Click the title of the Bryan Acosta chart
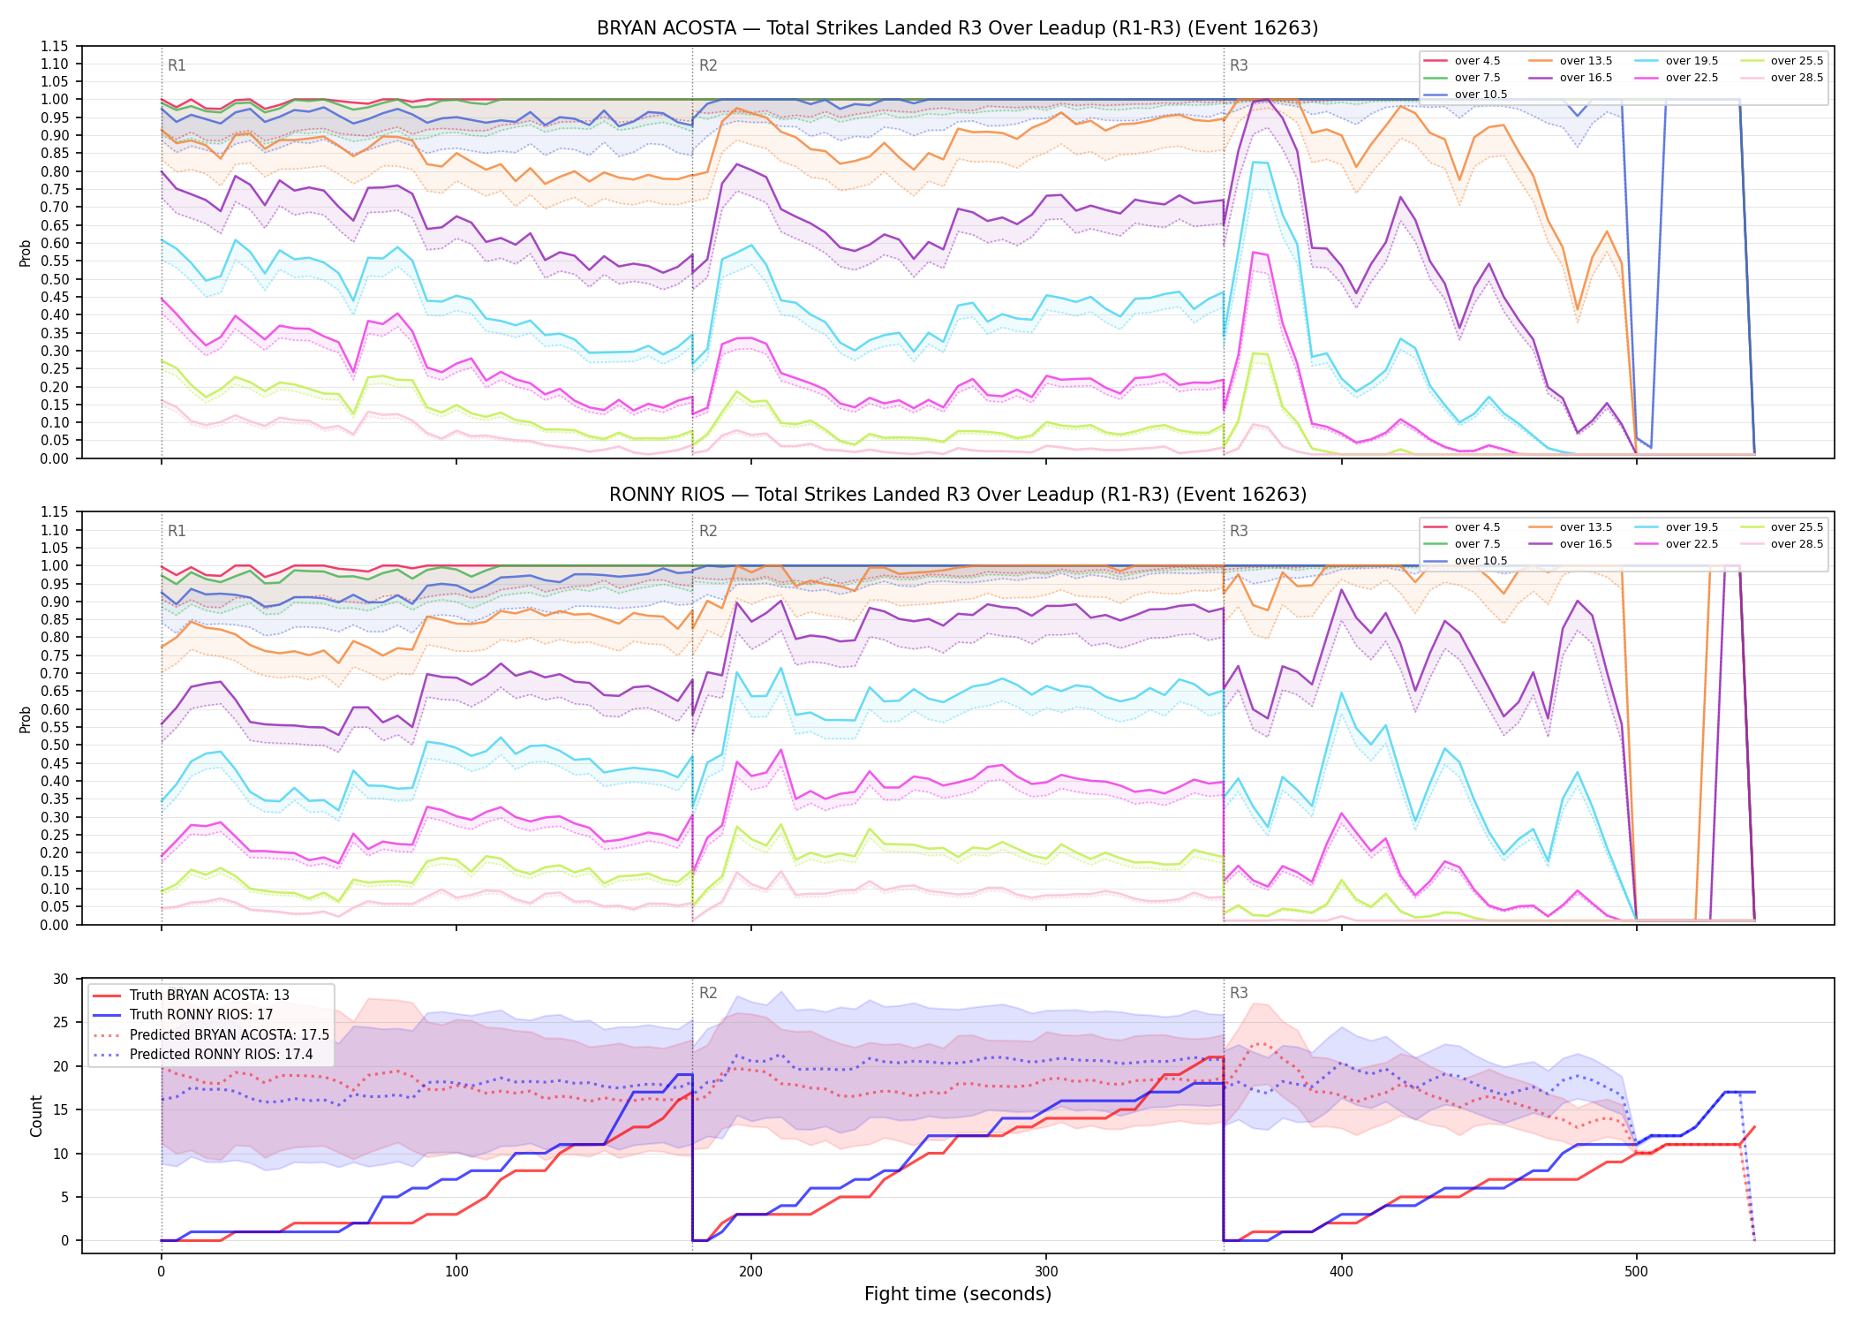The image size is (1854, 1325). (x=957, y=28)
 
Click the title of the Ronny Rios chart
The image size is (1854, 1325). (x=957, y=495)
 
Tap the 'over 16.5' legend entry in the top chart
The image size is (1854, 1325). (x=1571, y=78)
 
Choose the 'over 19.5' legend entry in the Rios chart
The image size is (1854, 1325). (x=1677, y=527)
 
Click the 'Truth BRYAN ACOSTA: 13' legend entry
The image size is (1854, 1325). (x=191, y=996)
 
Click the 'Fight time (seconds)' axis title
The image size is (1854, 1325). (x=958, y=1294)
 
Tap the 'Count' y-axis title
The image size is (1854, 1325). (x=36, y=1116)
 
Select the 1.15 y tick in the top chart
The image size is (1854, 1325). (x=55, y=46)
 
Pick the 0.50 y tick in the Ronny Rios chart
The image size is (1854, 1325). (x=55, y=745)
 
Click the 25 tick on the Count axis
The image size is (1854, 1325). (x=61, y=1022)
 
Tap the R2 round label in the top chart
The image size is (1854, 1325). (x=708, y=65)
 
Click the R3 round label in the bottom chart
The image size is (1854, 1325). (x=1239, y=993)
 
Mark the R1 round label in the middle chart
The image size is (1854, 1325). (x=177, y=531)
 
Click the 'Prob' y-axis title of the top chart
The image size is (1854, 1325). (x=26, y=253)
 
